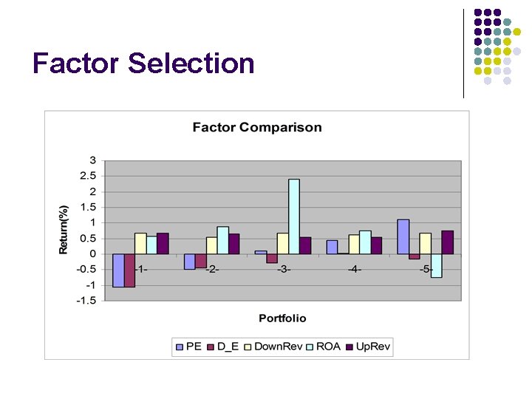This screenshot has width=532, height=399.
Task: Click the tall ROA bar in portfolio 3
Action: tap(294, 216)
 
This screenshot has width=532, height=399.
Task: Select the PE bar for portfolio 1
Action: tap(118, 270)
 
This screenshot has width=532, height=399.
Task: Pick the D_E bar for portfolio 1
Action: tap(129, 270)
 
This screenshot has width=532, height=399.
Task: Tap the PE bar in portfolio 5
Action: tap(403, 236)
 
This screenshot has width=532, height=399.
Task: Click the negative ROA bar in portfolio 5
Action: tap(436, 265)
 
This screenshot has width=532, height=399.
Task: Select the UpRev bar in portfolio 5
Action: tap(447, 242)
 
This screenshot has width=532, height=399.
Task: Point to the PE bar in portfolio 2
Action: tap(189, 262)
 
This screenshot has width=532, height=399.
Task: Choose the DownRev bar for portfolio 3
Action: tap(283, 243)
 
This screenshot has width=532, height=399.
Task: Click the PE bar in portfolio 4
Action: tap(332, 247)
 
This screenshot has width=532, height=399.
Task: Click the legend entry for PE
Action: tap(188, 347)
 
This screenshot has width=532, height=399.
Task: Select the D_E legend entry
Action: tap(222, 347)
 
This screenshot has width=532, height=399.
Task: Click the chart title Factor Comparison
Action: tap(257, 127)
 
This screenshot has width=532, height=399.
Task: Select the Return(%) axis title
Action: tap(64, 230)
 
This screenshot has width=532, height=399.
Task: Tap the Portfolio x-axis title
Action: tap(282, 318)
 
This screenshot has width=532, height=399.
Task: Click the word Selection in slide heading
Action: tap(191, 64)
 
